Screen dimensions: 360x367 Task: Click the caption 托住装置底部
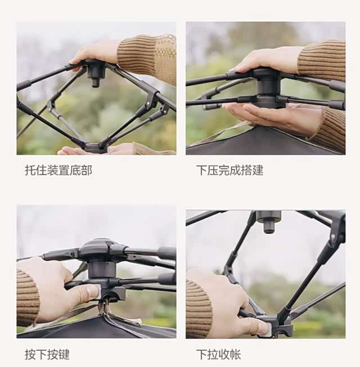click(x=58, y=170)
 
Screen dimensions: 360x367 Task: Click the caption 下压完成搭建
click(x=230, y=170)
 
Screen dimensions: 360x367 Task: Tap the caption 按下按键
click(x=47, y=355)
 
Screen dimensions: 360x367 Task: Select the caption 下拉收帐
click(x=219, y=355)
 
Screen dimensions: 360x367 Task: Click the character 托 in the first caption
click(x=30, y=170)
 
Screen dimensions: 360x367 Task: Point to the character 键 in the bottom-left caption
click(x=64, y=355)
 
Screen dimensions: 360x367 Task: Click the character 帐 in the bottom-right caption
click(x=236, y=355)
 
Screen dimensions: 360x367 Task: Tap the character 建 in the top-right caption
click(x=258, y=170)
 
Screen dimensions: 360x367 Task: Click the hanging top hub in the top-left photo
click(x=96, y=72)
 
